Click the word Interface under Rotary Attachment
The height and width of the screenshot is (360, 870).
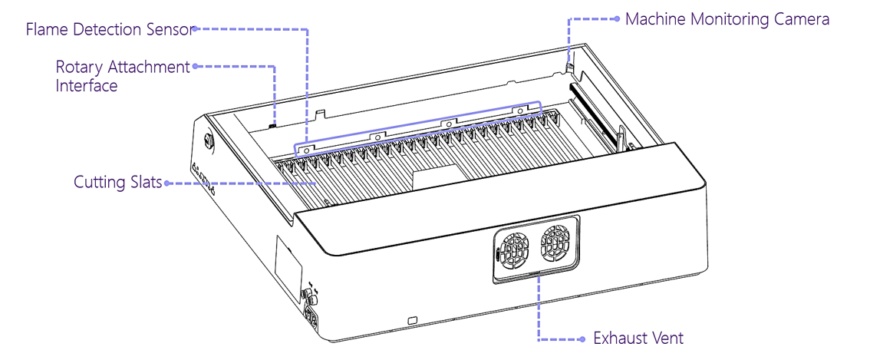(87, 85)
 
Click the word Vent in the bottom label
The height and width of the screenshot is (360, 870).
(667, 338)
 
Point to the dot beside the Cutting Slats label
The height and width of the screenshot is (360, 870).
(167, 183)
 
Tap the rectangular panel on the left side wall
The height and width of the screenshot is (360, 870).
(288, 266)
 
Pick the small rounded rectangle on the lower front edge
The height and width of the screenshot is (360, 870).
(412, 319)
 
